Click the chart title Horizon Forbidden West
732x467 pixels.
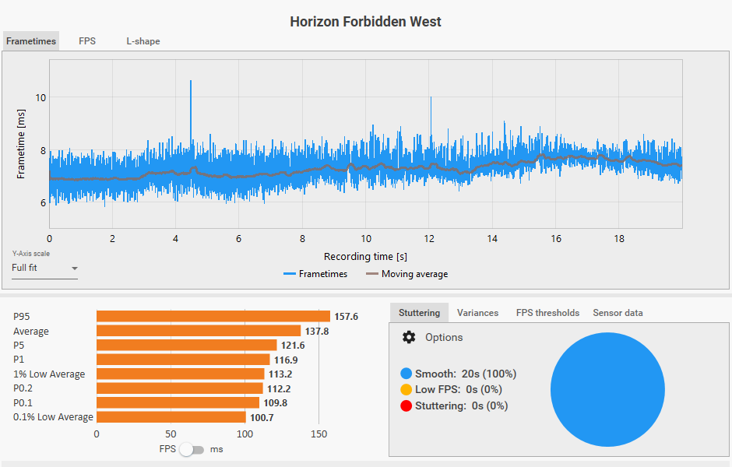(365, 22)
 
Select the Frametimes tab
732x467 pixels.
(31, 41)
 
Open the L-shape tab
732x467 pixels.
(143, 41)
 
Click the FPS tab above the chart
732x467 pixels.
(87, 41)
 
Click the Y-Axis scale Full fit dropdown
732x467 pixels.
(44, 269)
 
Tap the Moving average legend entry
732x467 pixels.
(406, 274)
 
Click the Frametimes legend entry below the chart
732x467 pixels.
(315, 274)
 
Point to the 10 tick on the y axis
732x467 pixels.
(40, 97)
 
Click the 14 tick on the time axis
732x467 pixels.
(492, 238)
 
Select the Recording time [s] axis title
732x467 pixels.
(365, 256)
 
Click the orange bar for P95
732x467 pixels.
(213, 317)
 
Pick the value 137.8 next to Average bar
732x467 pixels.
(317, 332)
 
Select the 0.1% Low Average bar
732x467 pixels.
(171, 417)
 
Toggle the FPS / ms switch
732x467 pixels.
(192, 449)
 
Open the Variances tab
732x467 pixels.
(477, 313)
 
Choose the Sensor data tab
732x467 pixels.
(618, 313)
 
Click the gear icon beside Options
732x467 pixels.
(409, 337)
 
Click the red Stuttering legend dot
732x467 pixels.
(406, 406)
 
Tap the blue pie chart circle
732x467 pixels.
(607, 390)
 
